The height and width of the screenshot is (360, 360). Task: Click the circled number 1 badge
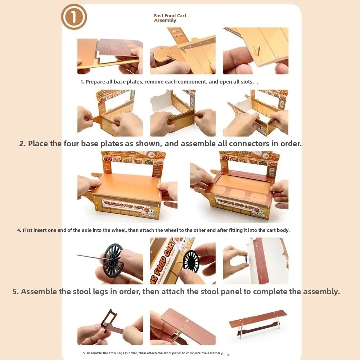point(74,17)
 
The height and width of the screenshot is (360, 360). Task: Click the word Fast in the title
point(159,16)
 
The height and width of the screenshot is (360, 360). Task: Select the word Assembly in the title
point(165,21)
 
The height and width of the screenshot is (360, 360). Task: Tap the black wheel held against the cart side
point(191,261)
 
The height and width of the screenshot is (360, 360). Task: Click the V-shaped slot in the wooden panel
point(256,49)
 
